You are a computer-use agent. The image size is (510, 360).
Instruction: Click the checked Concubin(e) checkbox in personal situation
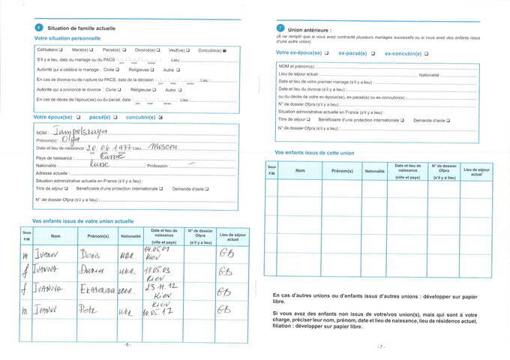[224, 49]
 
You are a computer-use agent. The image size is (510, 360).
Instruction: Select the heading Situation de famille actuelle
[81, 28]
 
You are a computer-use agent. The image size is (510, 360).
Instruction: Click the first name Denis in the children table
[90, 253]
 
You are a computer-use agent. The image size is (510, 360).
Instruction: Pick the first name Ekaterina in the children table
[94, 289]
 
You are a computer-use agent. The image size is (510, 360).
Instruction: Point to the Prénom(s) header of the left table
[97, 236]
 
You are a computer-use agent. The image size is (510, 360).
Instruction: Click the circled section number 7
[280, 28]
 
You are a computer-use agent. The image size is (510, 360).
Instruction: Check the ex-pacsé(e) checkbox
[373, 54]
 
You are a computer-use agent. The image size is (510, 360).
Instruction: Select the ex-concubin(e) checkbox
[426, 54]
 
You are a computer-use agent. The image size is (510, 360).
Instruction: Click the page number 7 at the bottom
[381, 346]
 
